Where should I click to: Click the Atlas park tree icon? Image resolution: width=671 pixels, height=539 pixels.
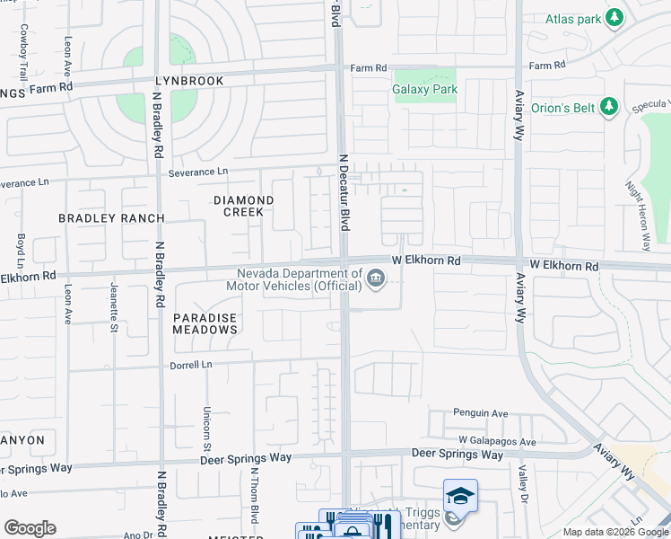[x=614, y=18]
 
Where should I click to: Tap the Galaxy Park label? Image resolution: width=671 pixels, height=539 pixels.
[x=424, y=89]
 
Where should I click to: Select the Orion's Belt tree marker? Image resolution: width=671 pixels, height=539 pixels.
[x=609, y=108]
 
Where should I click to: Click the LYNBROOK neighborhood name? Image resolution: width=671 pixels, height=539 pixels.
[x=189, y=81]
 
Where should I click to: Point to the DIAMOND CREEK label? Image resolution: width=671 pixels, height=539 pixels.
[x=243, y=206]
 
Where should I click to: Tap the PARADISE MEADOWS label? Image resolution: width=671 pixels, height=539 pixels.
[x=205, y=323]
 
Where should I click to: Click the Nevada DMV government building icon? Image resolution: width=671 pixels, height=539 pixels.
[x=376, y=281]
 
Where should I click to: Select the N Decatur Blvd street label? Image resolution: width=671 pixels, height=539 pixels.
[x=343, y=192]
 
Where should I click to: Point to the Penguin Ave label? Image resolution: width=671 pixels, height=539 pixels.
[x=483, y=414]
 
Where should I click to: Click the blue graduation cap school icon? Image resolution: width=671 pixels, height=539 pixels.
[x=460, y=496]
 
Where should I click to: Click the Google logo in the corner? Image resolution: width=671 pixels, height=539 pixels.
[x=30, y=528]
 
